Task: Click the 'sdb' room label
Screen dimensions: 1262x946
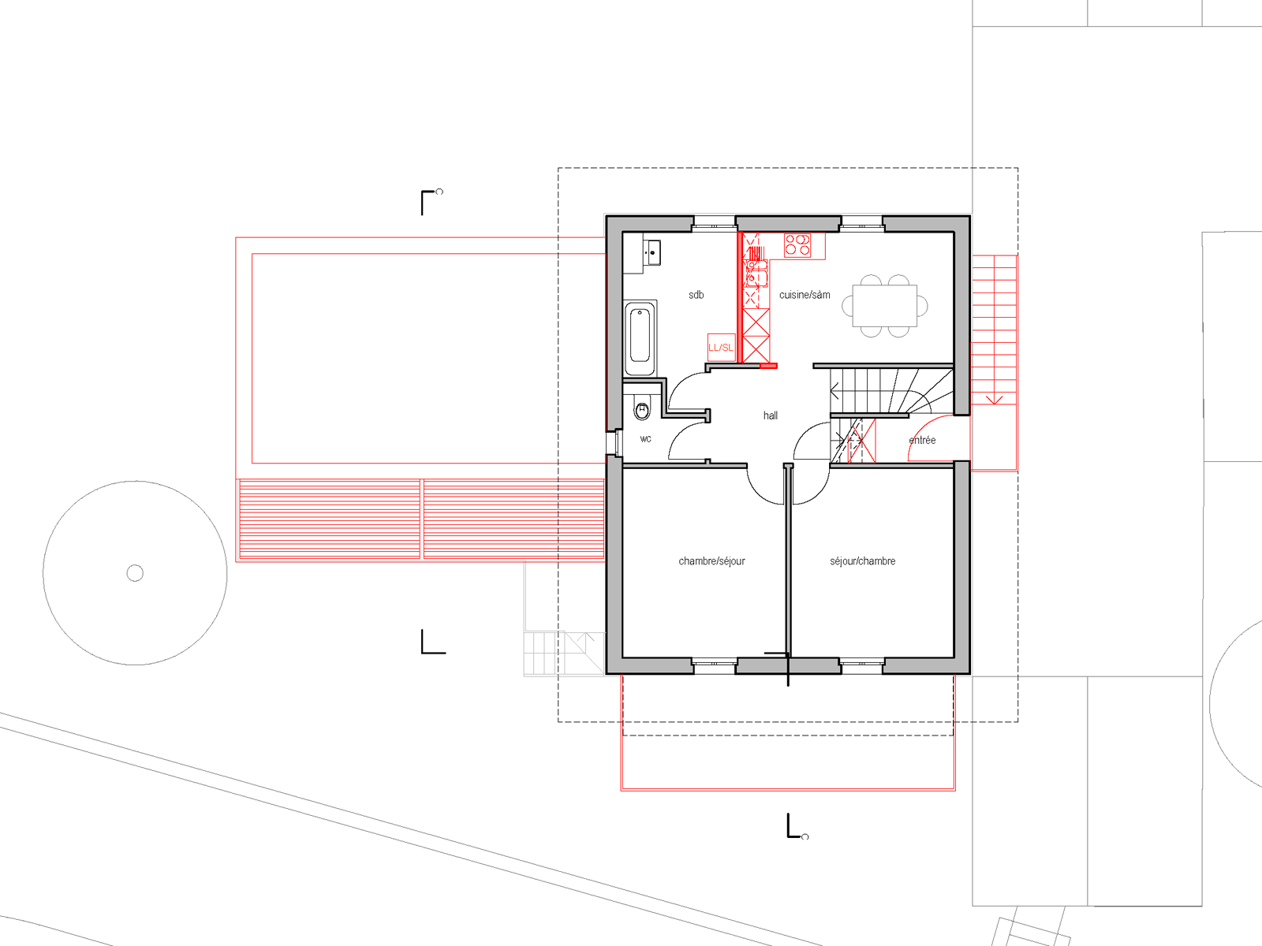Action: pyautogui.click(x=696, y=295)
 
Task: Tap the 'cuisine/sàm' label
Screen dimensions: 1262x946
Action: pyautogui.click(x=805, y=295)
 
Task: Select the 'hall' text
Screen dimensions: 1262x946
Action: pyautogui.click(x=771, y=415)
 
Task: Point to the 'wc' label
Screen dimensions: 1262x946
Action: pyautogui.click(x=646, y=439)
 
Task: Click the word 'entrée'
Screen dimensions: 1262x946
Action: pyautogui.click(x=922, y=440)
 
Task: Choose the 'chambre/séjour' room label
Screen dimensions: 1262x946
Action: pyautogui.click(x=711, y=561)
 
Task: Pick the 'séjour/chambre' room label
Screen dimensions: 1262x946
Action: pyautogui.click(x=862, y=561)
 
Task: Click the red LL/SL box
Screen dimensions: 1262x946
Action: pyautogui.click(x=721, y=348)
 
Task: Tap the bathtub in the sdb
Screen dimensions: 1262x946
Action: pyautogui.click(x=640, y=337)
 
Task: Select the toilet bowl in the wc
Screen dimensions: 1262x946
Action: pyautogui.click(x=641, y=409)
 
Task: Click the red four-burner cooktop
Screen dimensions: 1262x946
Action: pyautogui.click(x=797, y=244)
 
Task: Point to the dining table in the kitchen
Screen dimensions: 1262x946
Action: pyautogui.click(x=885, y=306)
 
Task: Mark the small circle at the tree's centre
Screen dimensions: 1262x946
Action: pyautogui.click(x=135, y=572)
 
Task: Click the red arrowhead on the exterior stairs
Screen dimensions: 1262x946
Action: pyautogui.click(x=994, y=400)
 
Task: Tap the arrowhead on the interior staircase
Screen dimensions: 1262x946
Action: pyautogui.click(x=834, y=393)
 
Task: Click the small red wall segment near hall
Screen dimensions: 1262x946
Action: pyautogui.click(x=769, y=366)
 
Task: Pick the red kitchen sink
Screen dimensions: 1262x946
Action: pyautogui.click(x=756, y=274)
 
